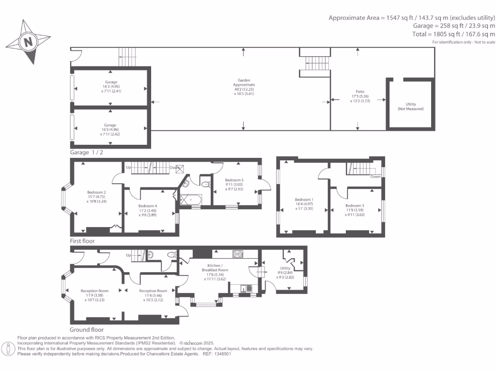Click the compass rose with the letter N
[x=28, y=42]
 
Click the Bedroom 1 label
[x=304, y=202]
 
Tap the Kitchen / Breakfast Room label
[x=218, y=268]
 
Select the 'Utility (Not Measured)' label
[x=411, y=107]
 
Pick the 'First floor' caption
[x=82, y=241]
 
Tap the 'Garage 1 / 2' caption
[x=87, y=152]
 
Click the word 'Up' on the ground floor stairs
[x=128, y=255]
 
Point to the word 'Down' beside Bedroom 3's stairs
[x=375, y=176]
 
